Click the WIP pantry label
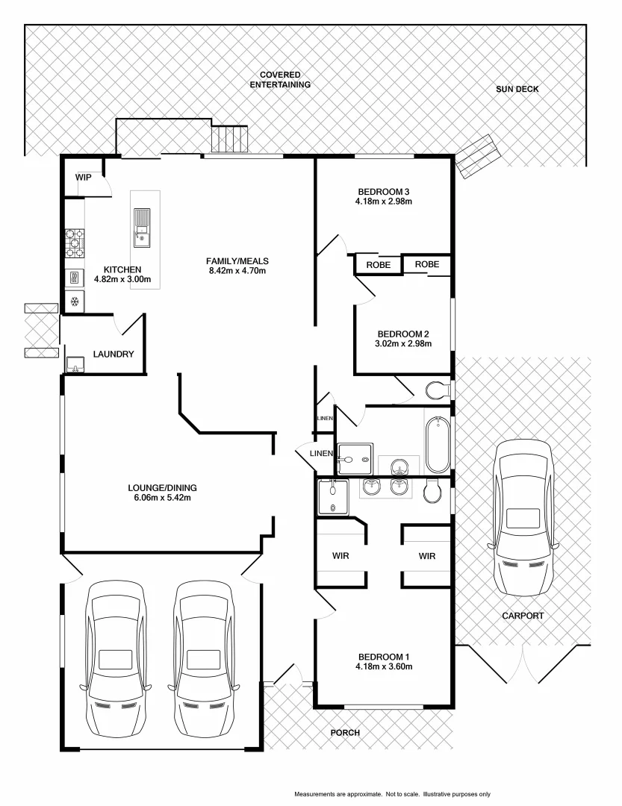83,178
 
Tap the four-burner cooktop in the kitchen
75,242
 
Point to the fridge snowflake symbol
74,302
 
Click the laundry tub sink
75,365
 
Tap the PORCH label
345,733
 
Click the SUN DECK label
517,90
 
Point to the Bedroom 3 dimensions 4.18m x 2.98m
385,201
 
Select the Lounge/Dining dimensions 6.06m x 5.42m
162,498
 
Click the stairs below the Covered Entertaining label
229,140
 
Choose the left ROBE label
378,265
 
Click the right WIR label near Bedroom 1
427,556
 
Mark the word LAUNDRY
113,354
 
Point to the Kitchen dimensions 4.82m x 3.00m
122,280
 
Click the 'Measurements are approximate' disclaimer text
392,794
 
